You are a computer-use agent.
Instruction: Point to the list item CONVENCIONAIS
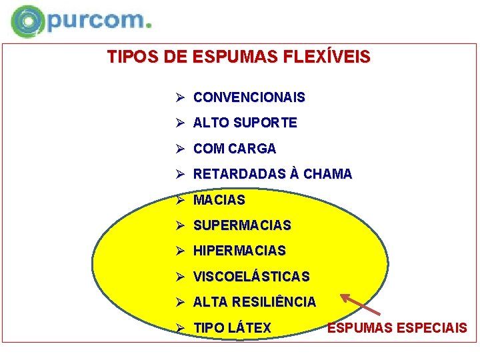(x=249, y=97)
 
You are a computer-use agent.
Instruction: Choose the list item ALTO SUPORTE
(x=245, y=123)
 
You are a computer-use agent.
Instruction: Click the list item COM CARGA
(x=234, y=149)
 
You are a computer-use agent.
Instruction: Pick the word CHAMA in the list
(x=327, y=174)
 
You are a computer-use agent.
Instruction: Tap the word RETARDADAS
(x=239, y=174)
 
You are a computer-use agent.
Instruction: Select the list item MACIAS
(x=219, y=200)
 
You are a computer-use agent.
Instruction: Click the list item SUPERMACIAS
(x=242, y=225)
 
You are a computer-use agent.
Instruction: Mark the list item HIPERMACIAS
(x=239, y=251)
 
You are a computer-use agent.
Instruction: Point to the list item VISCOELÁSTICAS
(x=251, y=277)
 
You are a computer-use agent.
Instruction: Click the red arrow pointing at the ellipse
(x=360, y=304)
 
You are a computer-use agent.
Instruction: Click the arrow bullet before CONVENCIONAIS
(x=179, y=97)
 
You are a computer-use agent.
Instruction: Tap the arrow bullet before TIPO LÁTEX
(x=179, y=328)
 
